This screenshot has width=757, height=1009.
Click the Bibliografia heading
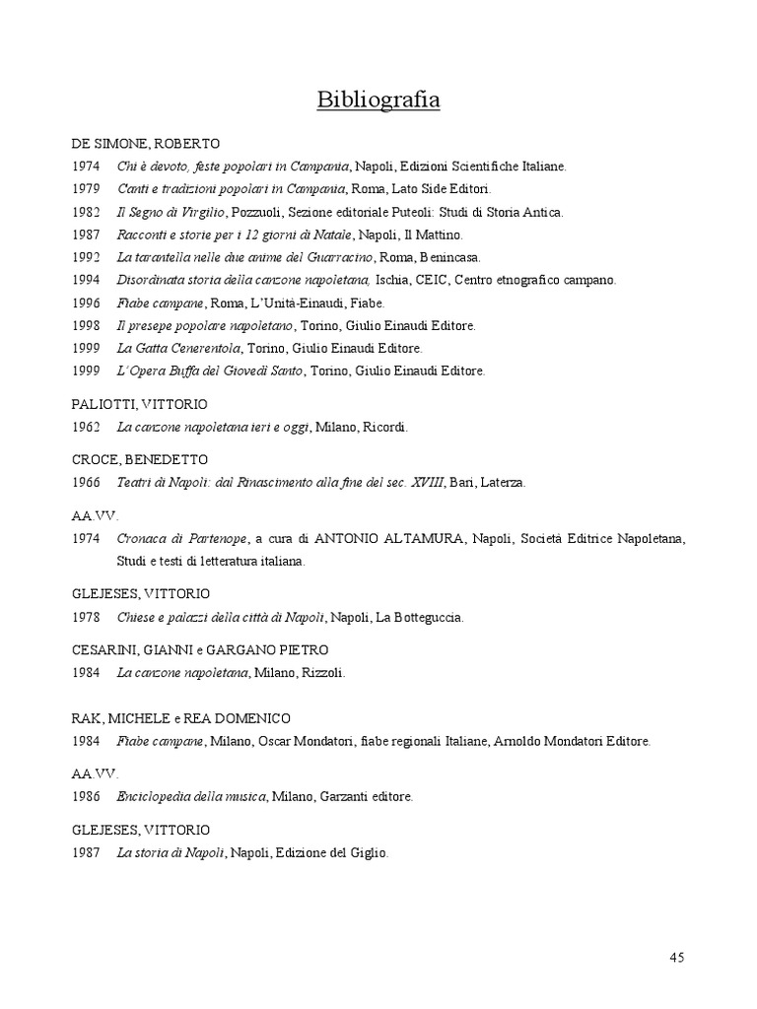(378, 100)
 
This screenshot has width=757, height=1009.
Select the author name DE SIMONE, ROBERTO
(145, 143)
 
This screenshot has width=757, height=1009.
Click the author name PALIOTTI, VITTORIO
(139, 404)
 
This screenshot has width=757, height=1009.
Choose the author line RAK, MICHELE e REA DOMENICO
(181, 718)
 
